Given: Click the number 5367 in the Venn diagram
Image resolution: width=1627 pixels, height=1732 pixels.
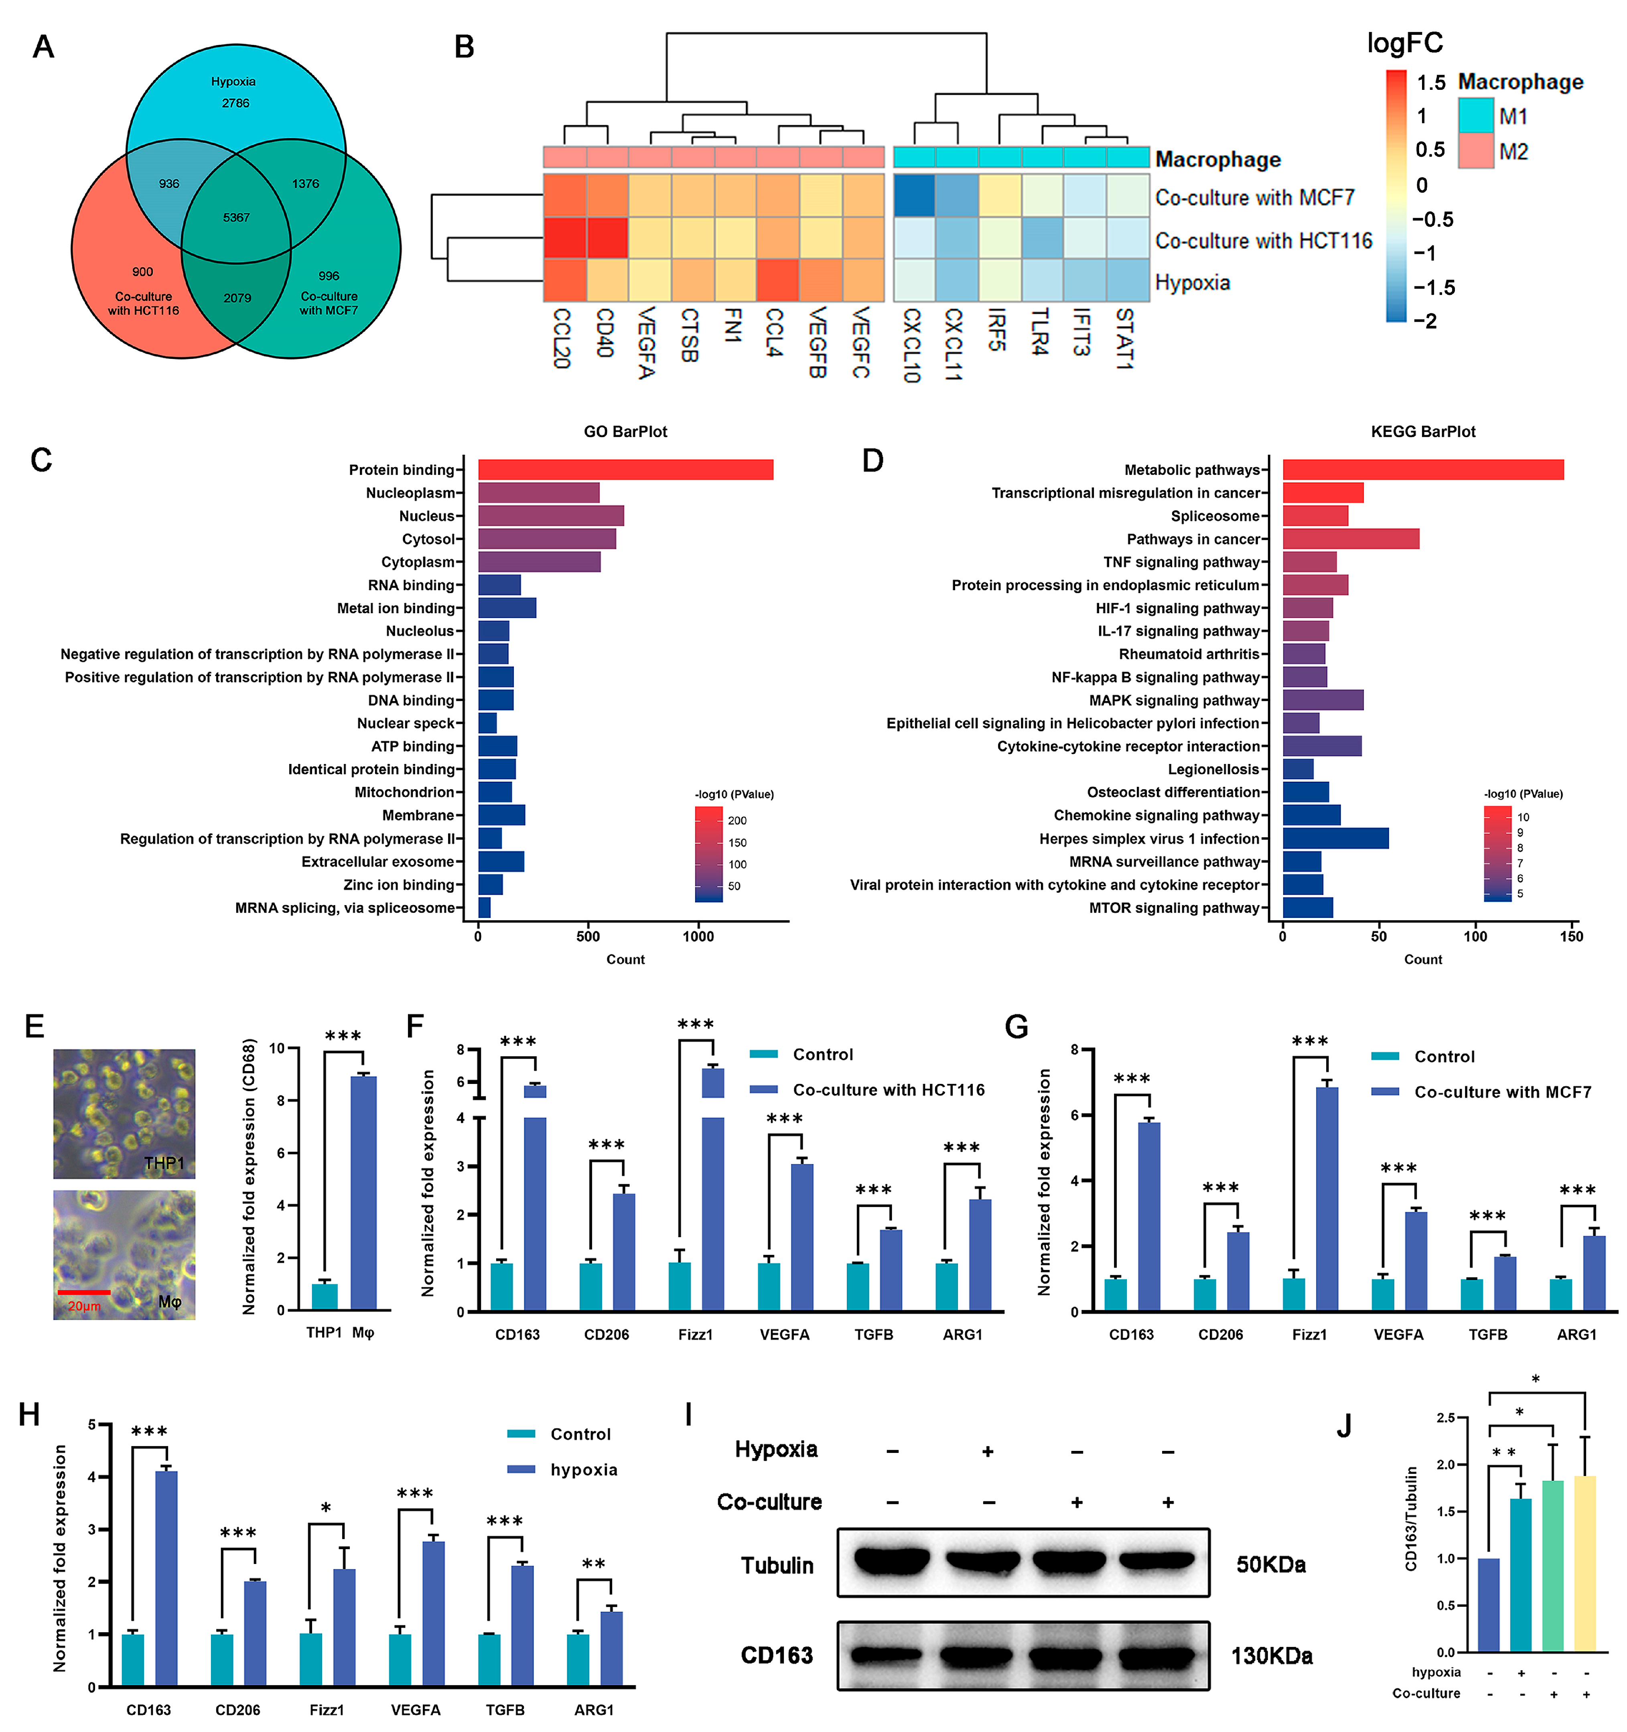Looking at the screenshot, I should click(x=236, y=217).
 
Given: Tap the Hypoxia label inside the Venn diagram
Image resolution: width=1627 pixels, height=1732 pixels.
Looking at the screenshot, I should click(x=233, y=81).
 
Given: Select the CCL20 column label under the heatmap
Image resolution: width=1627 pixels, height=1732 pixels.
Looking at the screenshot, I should click(x=562, y=338).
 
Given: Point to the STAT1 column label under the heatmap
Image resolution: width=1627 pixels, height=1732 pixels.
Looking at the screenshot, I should click(x=1125, y=338).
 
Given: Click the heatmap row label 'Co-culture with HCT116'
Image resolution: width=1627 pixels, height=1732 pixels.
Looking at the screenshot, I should click(x=1263, y=241).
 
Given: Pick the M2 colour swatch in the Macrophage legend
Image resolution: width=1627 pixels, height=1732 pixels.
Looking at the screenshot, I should click(x=1475, y=151).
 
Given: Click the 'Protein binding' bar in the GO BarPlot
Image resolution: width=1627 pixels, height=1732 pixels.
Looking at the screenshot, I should click(x=625, y=470).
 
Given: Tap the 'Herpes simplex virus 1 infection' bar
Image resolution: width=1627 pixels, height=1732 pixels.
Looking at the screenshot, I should click(x=1335, y=838).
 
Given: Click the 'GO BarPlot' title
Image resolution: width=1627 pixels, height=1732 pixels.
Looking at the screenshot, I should click(x=625, y=431).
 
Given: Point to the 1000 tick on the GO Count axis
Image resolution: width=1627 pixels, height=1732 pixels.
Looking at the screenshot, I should click(x=698, y=936).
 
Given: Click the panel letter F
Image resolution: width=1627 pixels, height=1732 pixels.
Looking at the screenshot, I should click(x=416, y=1026).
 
